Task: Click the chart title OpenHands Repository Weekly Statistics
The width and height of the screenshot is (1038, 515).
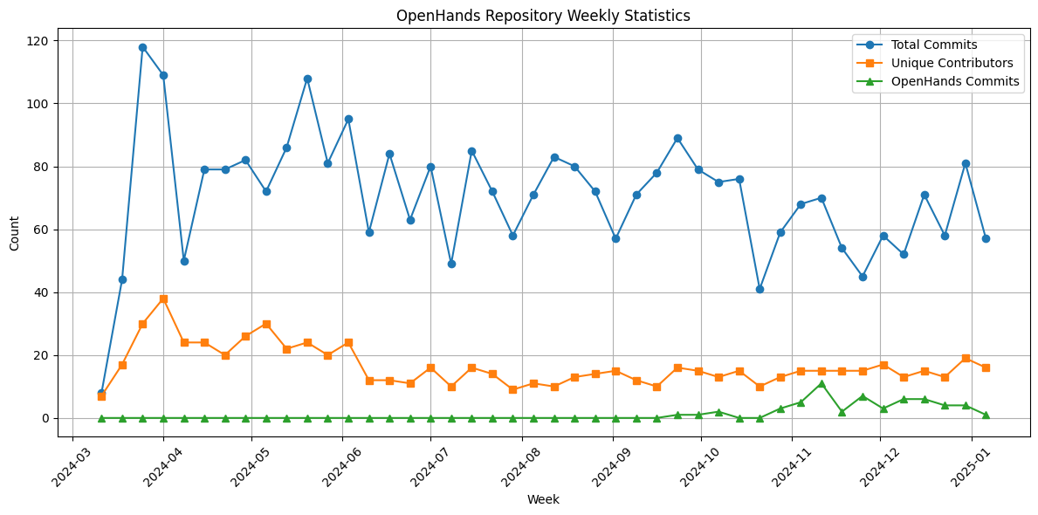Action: pos(543,16)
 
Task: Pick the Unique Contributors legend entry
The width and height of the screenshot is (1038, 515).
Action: pos(952,63)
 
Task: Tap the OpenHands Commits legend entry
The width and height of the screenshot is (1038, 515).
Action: pos(955,81)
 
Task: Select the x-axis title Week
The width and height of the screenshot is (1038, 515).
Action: pos(543,500)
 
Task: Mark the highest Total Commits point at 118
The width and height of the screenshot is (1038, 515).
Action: pos(142,47)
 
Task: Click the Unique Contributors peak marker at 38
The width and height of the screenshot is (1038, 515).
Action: pos(163,299)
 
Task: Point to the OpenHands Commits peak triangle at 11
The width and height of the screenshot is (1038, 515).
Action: pos(821,384)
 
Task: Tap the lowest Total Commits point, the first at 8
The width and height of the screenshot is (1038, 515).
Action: pos(101,393)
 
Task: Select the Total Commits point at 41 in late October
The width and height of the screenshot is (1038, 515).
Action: pos(760,289)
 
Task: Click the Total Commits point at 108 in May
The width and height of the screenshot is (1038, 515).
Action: pos(307,79)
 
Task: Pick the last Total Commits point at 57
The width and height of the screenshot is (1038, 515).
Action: pos(986,238)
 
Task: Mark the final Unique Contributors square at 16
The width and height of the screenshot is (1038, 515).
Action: pos(986,367)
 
